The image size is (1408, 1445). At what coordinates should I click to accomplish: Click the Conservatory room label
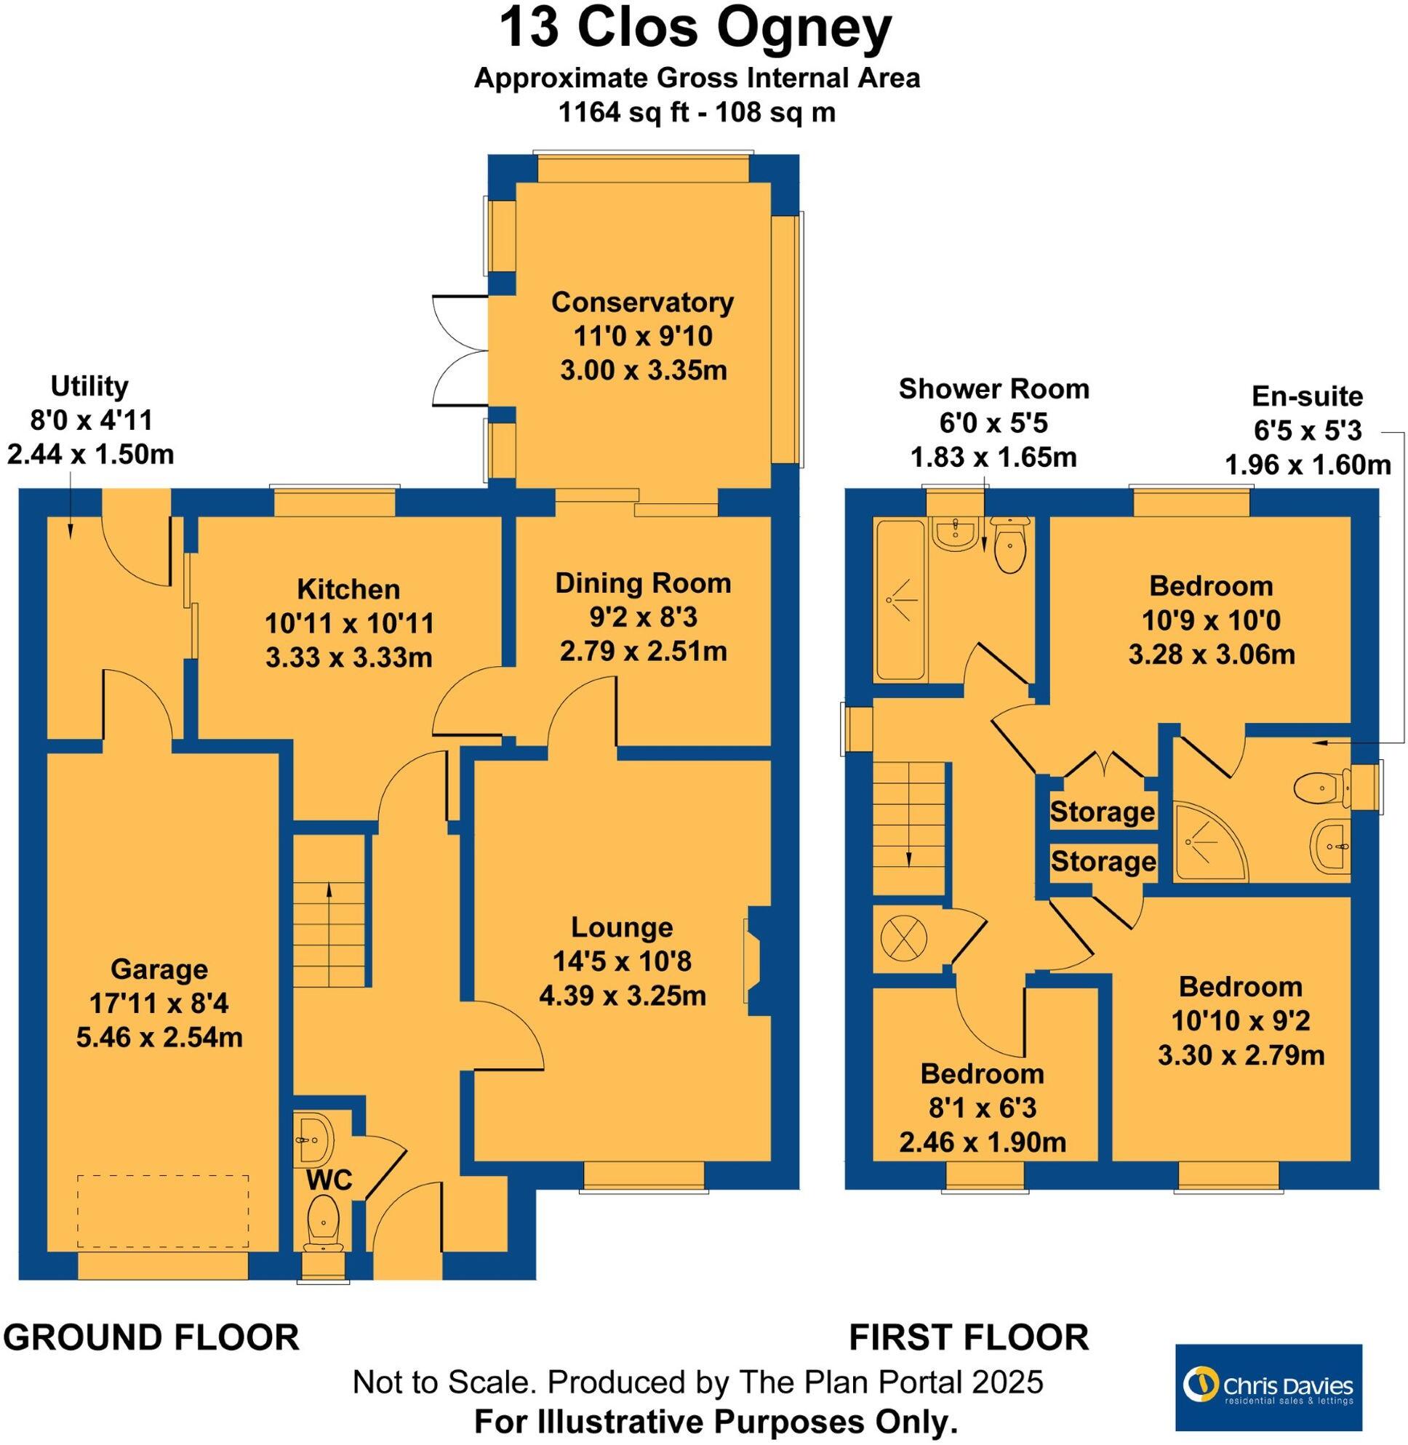tap(642, 303)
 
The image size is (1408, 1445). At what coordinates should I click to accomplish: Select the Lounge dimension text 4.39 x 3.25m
tap(622, 996)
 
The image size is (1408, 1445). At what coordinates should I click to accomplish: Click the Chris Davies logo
tap(1268, 1387)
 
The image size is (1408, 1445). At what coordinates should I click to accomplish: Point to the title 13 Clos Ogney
tap(695, 30)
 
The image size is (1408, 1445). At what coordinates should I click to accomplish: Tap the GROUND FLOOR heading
tap(151, 1337)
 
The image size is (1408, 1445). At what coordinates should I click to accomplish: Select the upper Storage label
tap(1102, 812)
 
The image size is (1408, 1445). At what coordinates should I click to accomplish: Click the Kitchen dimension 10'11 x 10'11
tap(349, 623)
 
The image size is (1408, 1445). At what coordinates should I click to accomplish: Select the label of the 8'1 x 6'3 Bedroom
tap(981, 1074)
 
